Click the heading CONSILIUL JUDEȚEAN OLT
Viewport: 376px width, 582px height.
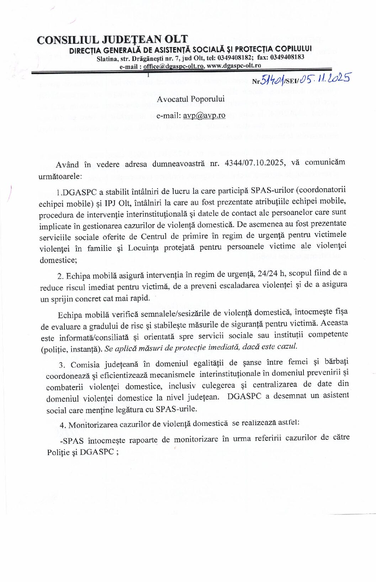[112, 40]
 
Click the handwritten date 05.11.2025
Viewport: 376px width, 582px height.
[324, 78]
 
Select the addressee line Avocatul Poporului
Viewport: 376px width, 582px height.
[191, 99]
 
